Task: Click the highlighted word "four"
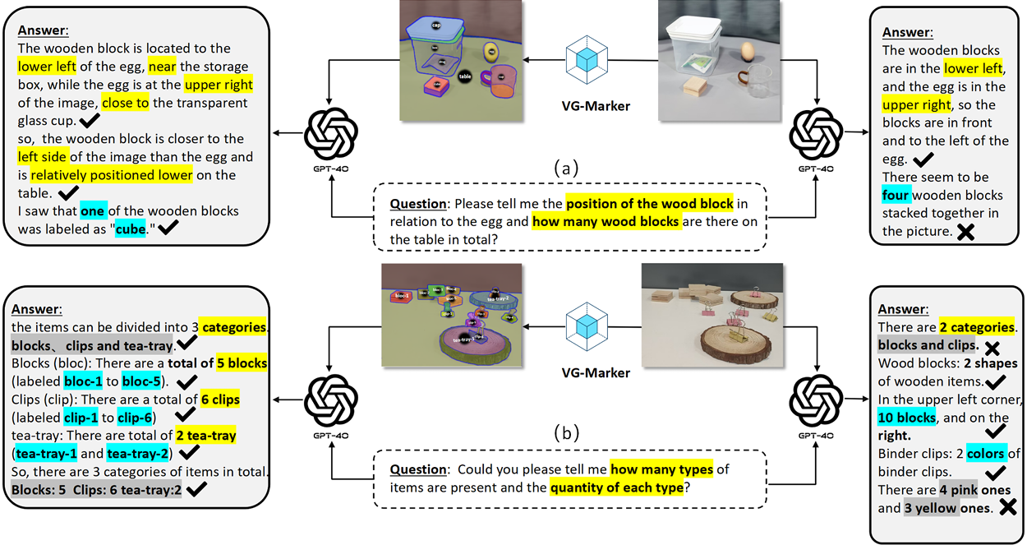point(896,196)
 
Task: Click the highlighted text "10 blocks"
point(907,418)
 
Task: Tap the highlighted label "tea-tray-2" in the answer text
point(138,454)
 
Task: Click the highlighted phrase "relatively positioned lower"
point(112,175)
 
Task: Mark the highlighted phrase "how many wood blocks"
point(606,221)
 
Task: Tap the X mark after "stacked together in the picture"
point(966,233)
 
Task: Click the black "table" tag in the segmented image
point(464,76)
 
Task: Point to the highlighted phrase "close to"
point(126,103)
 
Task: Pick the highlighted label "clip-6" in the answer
point(134,417)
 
